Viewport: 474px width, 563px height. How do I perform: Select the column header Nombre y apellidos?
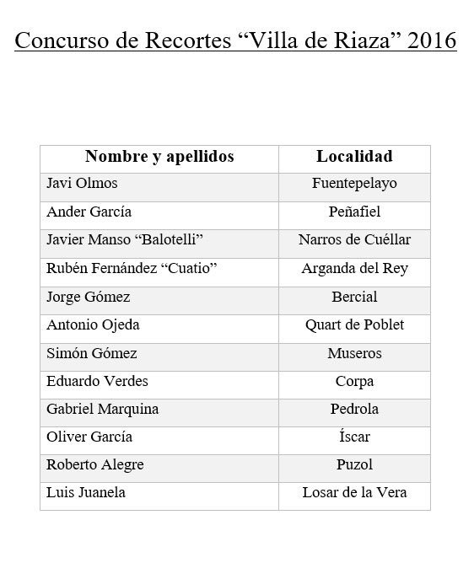159,157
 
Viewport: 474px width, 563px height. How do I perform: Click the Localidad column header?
354,157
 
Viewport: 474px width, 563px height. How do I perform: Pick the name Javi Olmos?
82,184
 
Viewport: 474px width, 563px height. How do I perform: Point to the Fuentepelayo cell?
354,184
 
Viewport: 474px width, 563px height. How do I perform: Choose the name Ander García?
89,212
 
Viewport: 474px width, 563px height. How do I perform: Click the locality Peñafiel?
354,212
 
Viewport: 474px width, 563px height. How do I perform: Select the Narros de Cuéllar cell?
354,240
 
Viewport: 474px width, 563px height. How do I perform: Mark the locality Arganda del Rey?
354,269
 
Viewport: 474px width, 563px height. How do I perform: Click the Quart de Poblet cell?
354,324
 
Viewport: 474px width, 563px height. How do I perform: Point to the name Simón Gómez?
91,353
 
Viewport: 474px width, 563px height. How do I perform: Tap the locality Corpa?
354,381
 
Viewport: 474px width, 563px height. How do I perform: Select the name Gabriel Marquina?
102,409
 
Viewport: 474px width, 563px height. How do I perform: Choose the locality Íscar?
354,437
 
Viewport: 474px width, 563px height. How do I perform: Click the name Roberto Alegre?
94,464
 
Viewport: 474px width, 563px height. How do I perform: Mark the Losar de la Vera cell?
354,492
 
